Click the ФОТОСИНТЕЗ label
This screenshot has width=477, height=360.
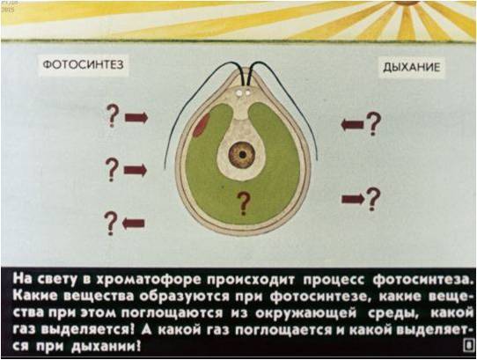tap(84, 64)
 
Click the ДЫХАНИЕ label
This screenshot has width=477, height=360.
tap(411, 67)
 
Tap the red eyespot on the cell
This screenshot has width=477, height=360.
tap(201, 123)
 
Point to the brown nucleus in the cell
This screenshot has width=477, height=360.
tap(242, 155)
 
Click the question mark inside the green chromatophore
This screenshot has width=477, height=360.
tap(244, 203)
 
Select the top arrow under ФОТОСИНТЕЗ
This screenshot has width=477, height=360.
tap(136, 117)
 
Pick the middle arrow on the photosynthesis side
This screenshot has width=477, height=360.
tap(136, 170)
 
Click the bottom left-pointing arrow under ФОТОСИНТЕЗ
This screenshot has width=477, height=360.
tap(133, 224)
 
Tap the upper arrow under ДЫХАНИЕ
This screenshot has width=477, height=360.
tap(352, 124)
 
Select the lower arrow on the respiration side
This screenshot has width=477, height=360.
tap(353, 199)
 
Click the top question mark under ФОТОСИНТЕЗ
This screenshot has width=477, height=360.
tap(113, 115)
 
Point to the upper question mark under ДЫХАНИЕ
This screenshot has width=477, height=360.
tap(373, 123)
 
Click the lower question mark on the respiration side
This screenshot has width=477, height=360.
tap(373, 199)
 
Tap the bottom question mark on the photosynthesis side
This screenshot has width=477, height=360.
tap(111, 224)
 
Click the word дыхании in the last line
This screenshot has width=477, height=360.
tap(104, 346)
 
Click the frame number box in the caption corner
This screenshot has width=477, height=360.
tap(469, 345)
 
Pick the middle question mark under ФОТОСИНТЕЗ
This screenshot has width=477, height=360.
tap(113, 170)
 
